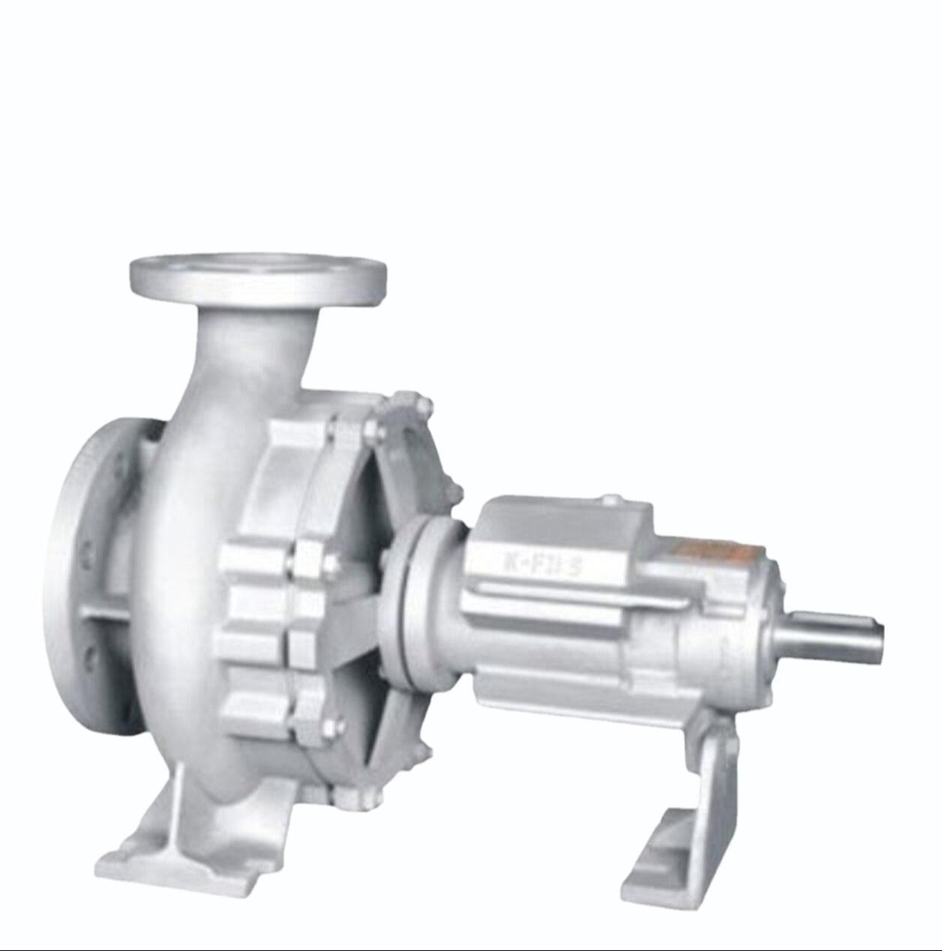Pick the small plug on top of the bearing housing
pos(612,499)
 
